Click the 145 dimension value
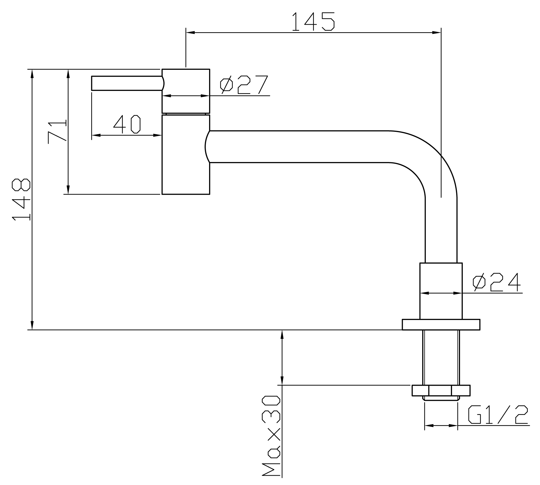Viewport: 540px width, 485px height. [x=313, y=21]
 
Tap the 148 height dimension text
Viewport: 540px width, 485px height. [x=21, y=200]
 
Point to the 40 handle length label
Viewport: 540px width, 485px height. [x=127, y=124]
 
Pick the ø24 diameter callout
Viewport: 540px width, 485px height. [x=497, y=282]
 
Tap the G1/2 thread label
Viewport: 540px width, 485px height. [x=498, y=414]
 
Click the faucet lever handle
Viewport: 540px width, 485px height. [x=128, y=83]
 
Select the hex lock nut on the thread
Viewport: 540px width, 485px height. [x=441, y=390]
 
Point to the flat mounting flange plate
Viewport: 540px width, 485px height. [x=441, y=325]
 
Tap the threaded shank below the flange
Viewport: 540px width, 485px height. [x=441, y=358]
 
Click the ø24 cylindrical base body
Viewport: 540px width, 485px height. [x=441, y=291]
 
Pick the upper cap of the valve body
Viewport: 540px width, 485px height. [x=186, y=91]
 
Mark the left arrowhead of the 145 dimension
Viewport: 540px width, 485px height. [x=190, y=33]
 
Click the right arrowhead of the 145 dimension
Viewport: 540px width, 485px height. [x=437, y=33]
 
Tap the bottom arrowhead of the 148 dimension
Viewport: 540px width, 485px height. [x=32, y=325]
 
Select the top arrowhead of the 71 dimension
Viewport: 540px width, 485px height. [x=68, y=74]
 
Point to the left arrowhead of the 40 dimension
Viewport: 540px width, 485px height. [x=96, y=135]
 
